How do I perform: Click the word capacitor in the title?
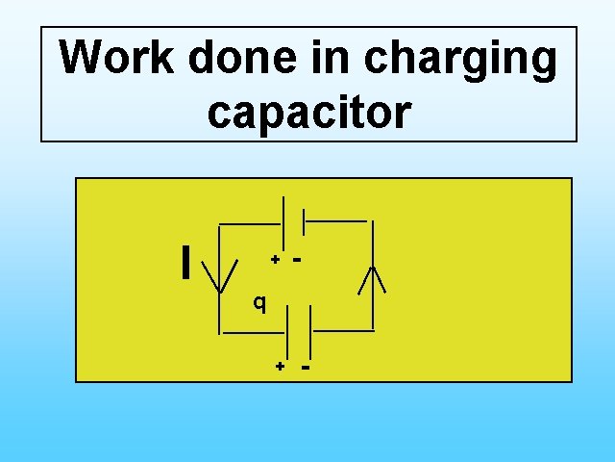[x=308, y=113]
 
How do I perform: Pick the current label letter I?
[x=184, y=262]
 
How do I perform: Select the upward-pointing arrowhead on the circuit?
[x=372, y=277]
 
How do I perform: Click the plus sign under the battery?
[x=275, y=259]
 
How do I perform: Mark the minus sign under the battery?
[x=298, y=258]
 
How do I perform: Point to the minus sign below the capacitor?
[x=306, y=366]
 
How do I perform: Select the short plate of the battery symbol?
[x=305, y=222]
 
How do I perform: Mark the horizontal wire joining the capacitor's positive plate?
[x=254, y=332]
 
